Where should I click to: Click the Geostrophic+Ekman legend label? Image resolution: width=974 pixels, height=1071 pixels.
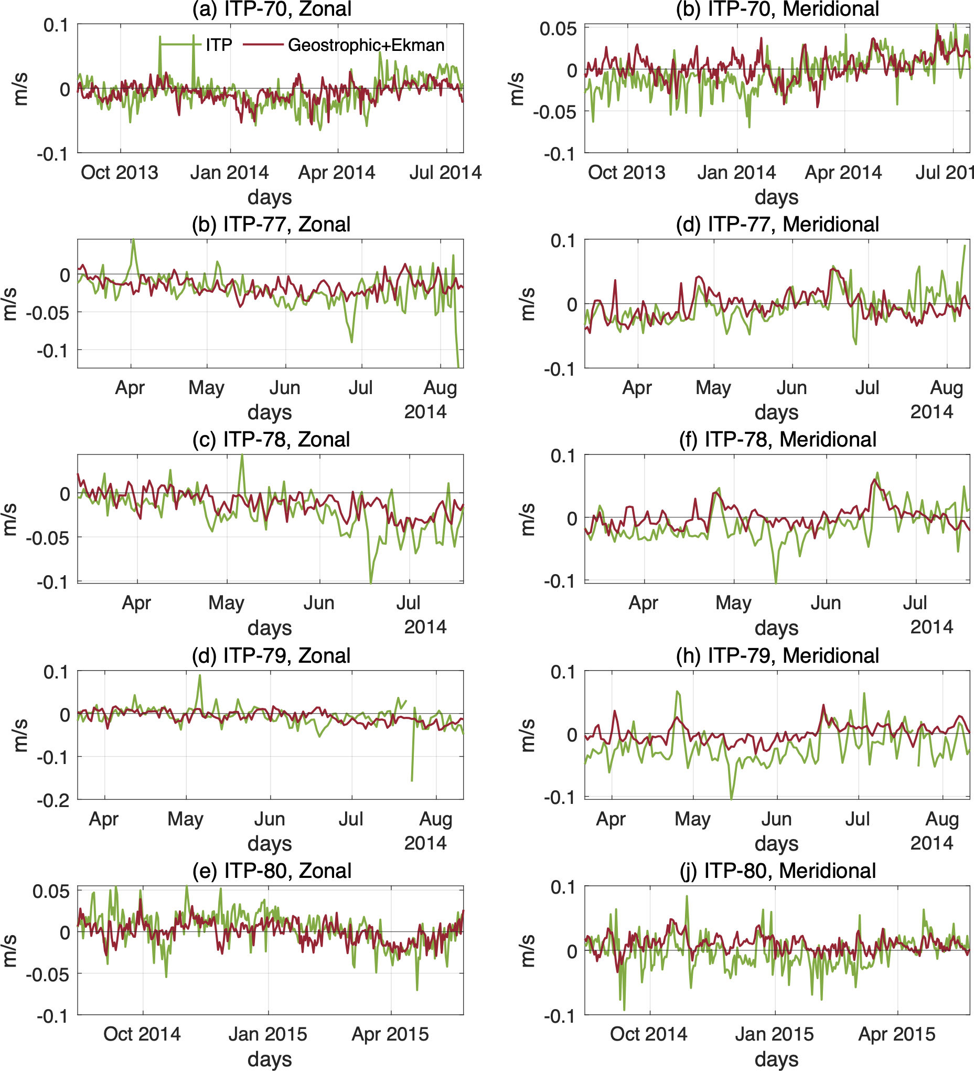(x=366, y=45)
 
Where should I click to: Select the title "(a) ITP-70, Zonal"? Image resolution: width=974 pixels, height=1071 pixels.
(x=271, y=9)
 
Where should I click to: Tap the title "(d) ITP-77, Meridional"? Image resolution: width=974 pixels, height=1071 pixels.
(x=777, y=224)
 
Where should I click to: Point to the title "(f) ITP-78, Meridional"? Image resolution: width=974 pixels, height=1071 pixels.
(x=777, y=439)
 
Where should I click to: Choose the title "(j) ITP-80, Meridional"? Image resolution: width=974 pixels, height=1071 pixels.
(x=777, y=871)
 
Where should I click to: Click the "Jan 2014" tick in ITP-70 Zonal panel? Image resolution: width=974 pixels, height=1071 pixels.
(x=229, y=173)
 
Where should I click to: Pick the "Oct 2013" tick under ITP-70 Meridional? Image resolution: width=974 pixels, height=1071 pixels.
(x=627, y=173)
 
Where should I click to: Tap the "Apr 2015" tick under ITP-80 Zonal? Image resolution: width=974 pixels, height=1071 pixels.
(x=390, y=1034)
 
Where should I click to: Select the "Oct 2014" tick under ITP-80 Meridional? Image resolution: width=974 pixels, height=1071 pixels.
(x=648, y=1034)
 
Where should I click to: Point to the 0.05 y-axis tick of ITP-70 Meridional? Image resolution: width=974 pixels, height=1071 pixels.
(x=558, y=29)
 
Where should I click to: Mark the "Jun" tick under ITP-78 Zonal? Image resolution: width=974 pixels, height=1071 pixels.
(x=319, y=603)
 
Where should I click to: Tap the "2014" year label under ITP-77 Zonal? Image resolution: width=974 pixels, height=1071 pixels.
(x=425, y=412)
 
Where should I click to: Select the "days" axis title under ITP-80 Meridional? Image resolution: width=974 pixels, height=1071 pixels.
(x=776, y=1059)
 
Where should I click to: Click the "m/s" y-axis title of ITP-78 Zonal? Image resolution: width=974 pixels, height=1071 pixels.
(x=9, y=519)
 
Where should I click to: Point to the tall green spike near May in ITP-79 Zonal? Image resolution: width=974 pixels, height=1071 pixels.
(x=200, y=676)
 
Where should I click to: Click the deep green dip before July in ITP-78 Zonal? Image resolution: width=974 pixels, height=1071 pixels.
(x=371, y=582)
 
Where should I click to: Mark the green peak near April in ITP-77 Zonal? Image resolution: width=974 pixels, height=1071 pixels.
(x=133, y=241)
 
